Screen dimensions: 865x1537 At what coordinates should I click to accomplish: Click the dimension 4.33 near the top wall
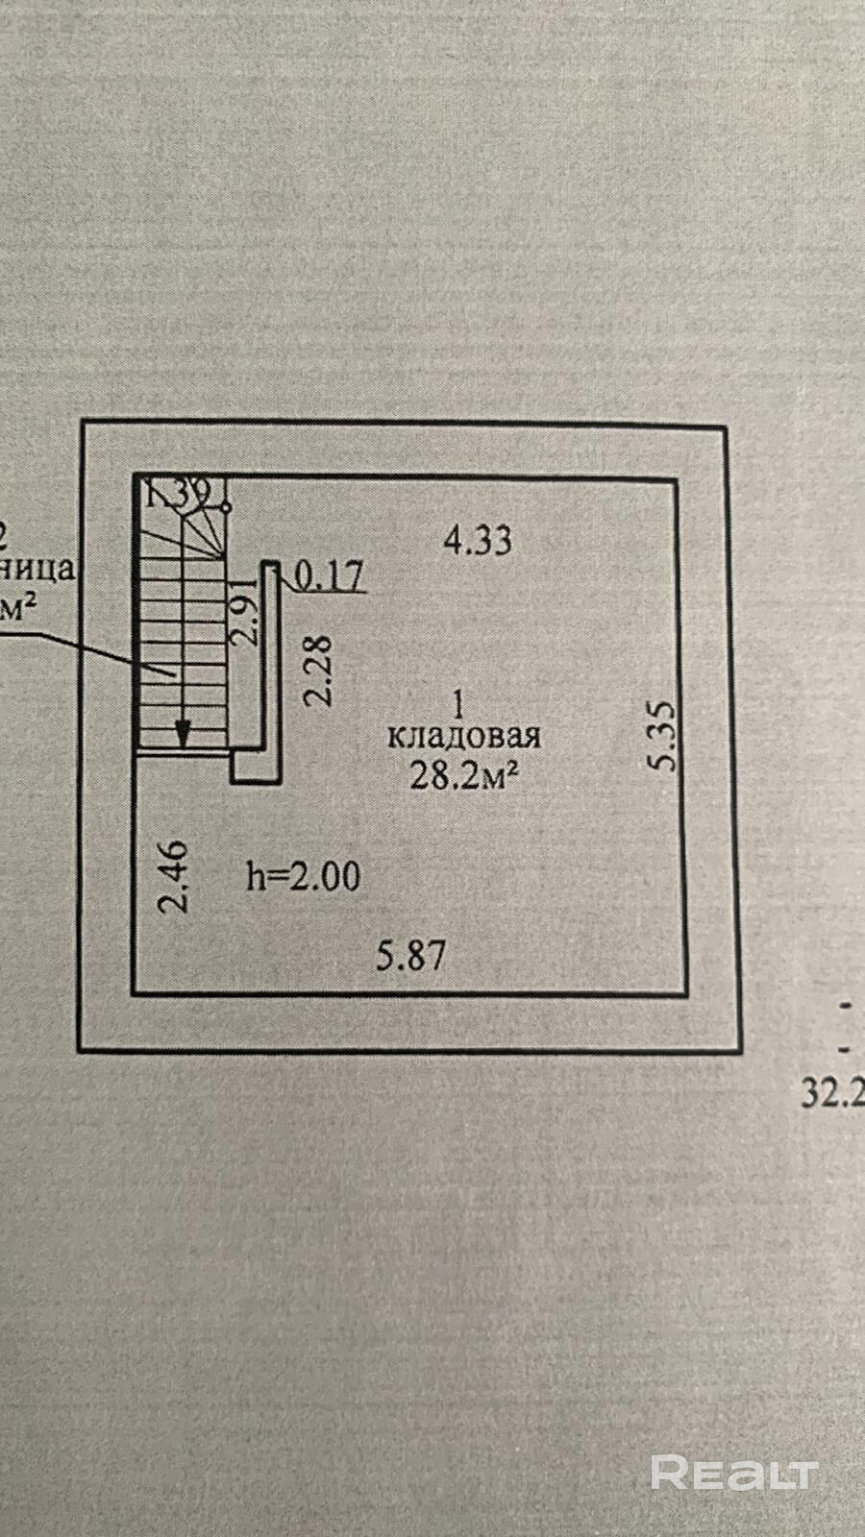coord(478,540)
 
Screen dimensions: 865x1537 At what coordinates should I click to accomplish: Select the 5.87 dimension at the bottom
coord(411,955)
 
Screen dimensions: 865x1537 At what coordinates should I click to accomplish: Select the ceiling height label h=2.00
coord(303,875)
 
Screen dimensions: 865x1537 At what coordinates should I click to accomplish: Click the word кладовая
coord(463,737)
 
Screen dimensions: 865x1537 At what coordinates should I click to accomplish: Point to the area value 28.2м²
coord(459,775)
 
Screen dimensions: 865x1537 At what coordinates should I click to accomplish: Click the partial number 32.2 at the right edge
coord(833,1094)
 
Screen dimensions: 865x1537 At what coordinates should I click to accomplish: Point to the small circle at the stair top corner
coord(227,505)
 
